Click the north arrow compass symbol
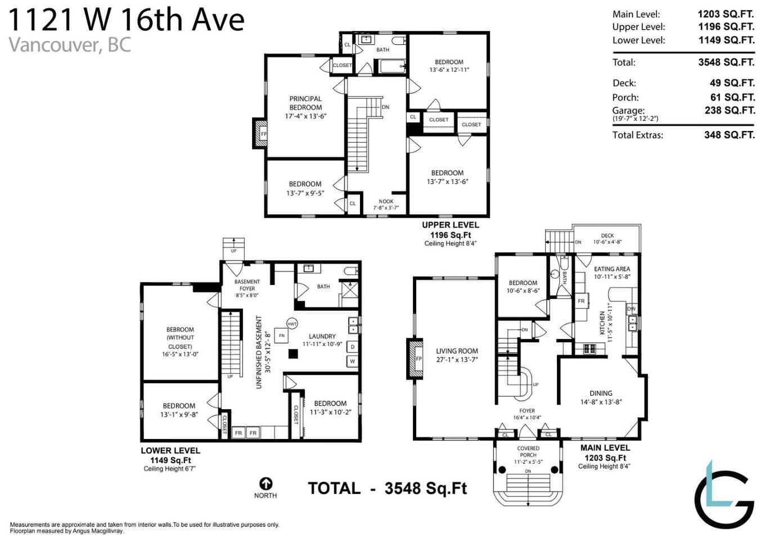[x=265, y=483]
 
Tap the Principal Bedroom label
[x=305, y=103]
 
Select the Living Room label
[x=457, y=351]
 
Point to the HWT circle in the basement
[x=292, y=324]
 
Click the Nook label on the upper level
[x=386, y=201]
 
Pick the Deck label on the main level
[x=607, y=236]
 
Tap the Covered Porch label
[x=528, y=452]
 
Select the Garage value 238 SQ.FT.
[x=730, y=111]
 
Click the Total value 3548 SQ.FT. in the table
[x=726, y=62]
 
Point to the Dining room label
[x=601, y=393]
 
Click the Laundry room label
[x=322, y=336]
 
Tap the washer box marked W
[x=353, y=361]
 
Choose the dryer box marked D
[x=353, y=347]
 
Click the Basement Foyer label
[x=247, y=285]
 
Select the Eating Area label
[x=612, y=269]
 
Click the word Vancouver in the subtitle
[x=53, y=44]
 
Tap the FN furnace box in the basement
[x=281, y=336]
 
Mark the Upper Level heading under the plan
[x=451, y=225]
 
